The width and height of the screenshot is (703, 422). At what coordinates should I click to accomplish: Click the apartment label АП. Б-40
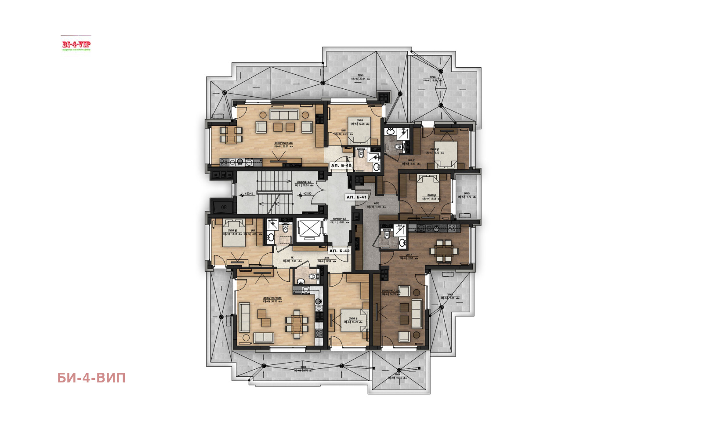tap(341, 166)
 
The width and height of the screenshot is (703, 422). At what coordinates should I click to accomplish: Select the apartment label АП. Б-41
tap(356, 197)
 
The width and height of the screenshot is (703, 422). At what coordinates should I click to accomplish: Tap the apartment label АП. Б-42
tap(340, 251)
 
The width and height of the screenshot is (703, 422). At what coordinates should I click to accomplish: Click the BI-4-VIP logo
tap(76, 45)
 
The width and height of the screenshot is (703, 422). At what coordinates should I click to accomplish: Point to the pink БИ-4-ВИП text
tap(91, 378)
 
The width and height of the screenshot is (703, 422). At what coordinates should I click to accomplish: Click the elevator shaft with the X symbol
tap(310, 229)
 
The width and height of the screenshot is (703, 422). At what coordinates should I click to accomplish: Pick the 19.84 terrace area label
tap(432, 80)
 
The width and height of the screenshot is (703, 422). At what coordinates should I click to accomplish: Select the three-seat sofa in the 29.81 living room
tap(284, 115)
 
